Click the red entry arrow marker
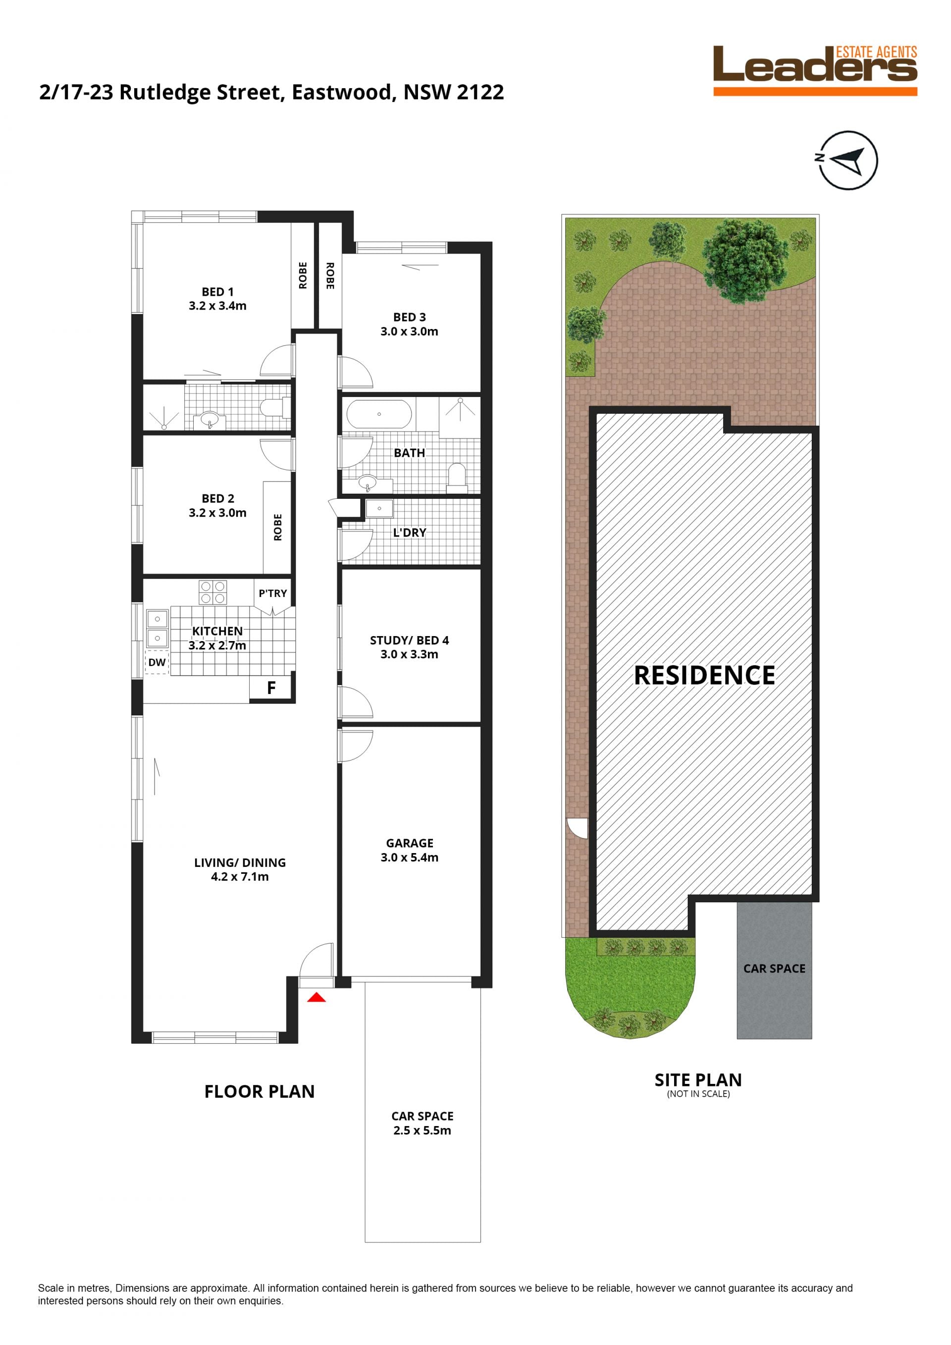point(317,997)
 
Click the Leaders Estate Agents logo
point(815,70)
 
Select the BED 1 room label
point(217,299)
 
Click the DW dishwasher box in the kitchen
point(157,662)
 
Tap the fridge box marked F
point(270,688)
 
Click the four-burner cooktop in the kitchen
point(212,592)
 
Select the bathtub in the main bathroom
point(379,414)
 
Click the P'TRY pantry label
point(273,593)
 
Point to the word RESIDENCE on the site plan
point(704,675)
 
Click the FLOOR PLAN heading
point(260,1092)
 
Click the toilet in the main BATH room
point(456,476)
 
